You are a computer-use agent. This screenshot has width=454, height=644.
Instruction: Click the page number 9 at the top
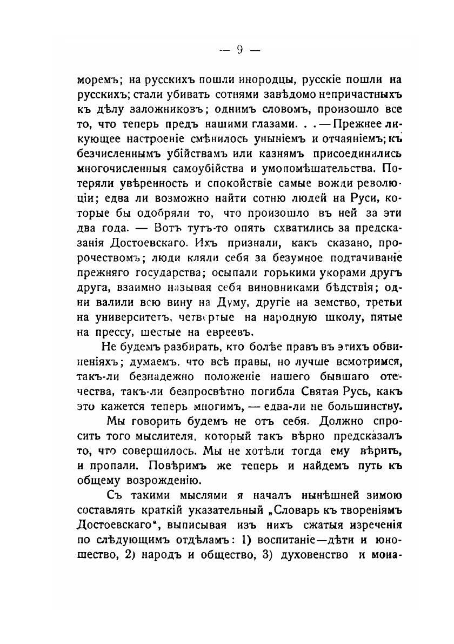[x=238, y=50]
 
